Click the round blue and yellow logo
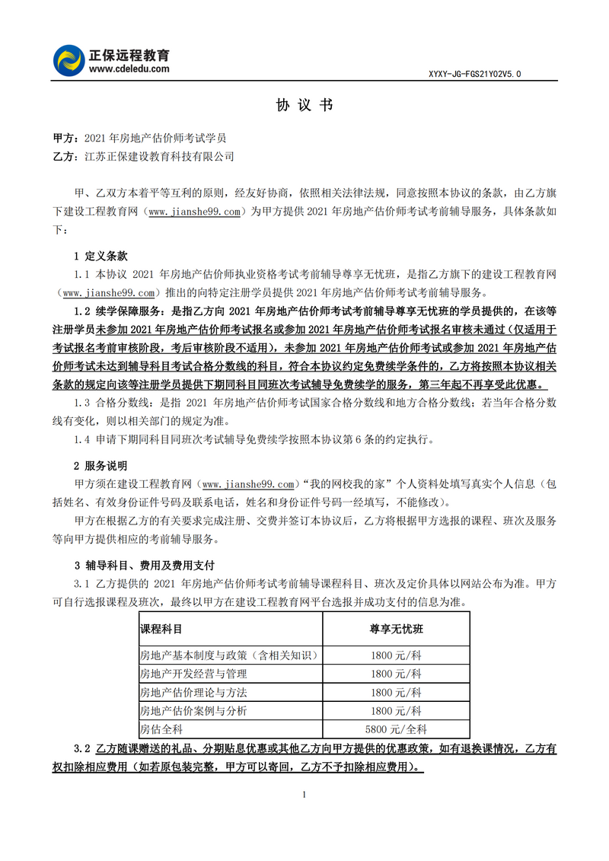[71, 61]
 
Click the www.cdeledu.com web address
[129, 69]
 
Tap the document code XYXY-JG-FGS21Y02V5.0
[475, 74]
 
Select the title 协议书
[304, 106]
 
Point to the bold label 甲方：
[65, 139]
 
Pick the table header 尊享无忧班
[396, 630]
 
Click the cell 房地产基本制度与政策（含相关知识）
[228, 655]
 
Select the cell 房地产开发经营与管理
[193, 674]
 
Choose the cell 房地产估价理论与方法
[193, 693]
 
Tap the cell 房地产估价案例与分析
[193, 711]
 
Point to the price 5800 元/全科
[396, 729]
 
